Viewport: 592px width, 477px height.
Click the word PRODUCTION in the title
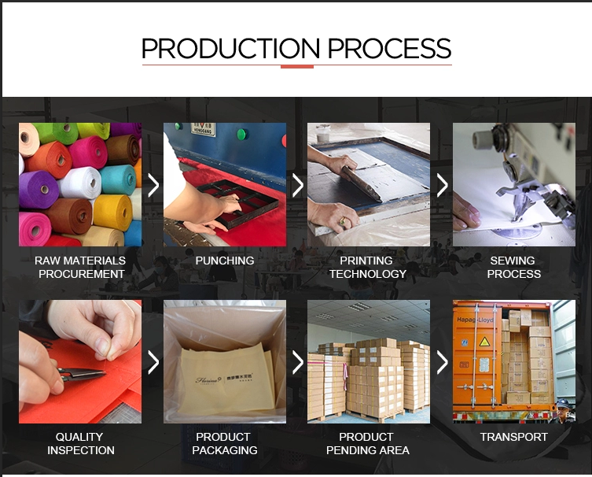coord(230,48)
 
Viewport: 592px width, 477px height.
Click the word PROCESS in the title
coord(390,48)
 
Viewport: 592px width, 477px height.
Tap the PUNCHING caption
coord(225,261)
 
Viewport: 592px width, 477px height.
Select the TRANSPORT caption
coord(514,437)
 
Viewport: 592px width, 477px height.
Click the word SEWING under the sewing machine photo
coord(513,261)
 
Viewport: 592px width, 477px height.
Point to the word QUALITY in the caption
coord(79,437)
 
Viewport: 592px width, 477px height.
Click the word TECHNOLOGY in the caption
coord(368,274)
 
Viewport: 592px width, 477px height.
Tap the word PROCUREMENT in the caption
coord(82,274)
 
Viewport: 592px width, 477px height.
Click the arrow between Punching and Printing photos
coord(298,185)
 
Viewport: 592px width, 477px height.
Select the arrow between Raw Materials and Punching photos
coord(153,185)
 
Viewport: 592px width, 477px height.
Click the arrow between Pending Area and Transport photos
coord(442,362)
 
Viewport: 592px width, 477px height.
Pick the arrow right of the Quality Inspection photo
coord(153,362)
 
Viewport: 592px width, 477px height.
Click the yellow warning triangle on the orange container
coord(484,342)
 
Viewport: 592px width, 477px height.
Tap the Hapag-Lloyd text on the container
coord(475,320)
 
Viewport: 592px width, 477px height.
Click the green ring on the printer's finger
coord(343,221)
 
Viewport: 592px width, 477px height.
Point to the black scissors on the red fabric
coord(82,374)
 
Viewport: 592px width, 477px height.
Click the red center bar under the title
coord(297,67)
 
